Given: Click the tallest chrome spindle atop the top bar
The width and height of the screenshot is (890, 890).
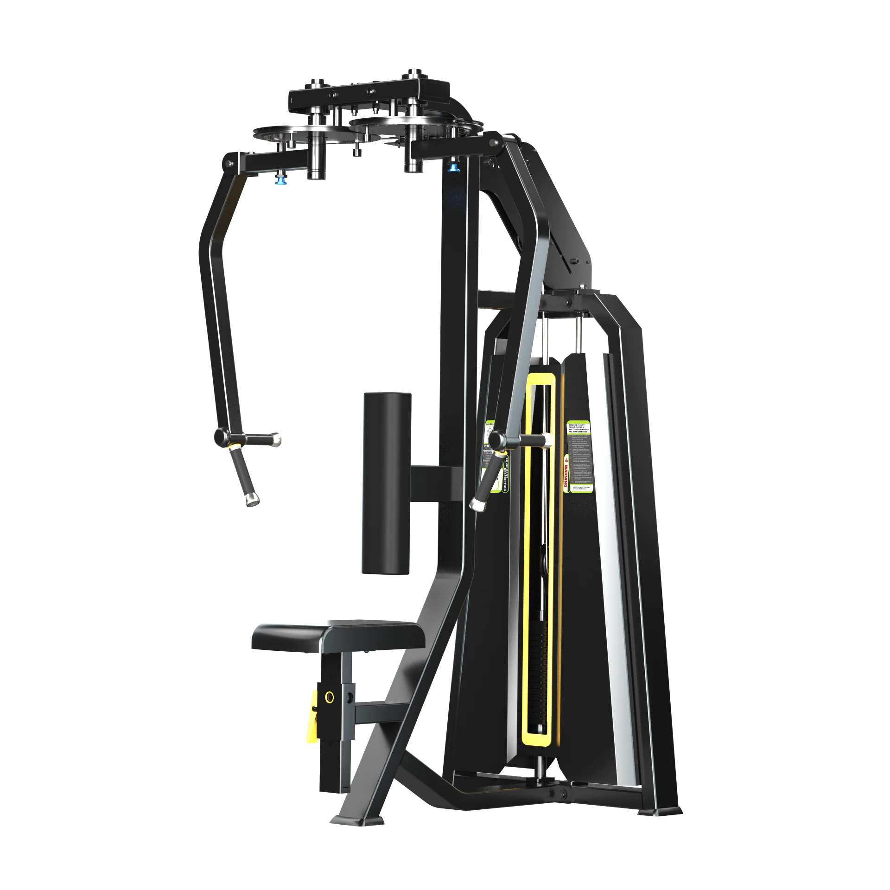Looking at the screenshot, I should coord(412,74).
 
